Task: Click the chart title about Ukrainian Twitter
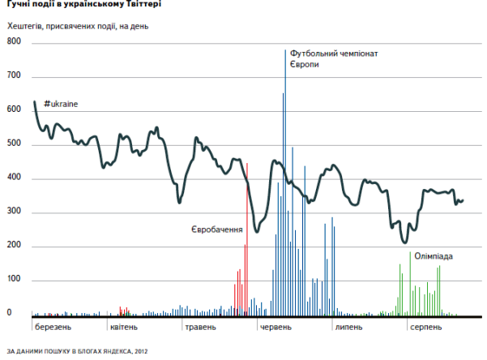pos(83,5)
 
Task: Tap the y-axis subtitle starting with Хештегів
pos(89,27)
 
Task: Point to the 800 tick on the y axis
pos(15,41)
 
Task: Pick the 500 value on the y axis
pos(15,144)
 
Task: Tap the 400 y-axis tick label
pos(15,178)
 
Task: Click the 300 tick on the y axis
pos(15,212)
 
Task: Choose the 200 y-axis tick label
pos(15,246)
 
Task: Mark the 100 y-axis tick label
pos(15,281)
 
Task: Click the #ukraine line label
pos(62,105)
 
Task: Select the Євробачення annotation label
pos(217,230)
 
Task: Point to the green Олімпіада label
pos(434,256)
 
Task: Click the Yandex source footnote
pos(77,352)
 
